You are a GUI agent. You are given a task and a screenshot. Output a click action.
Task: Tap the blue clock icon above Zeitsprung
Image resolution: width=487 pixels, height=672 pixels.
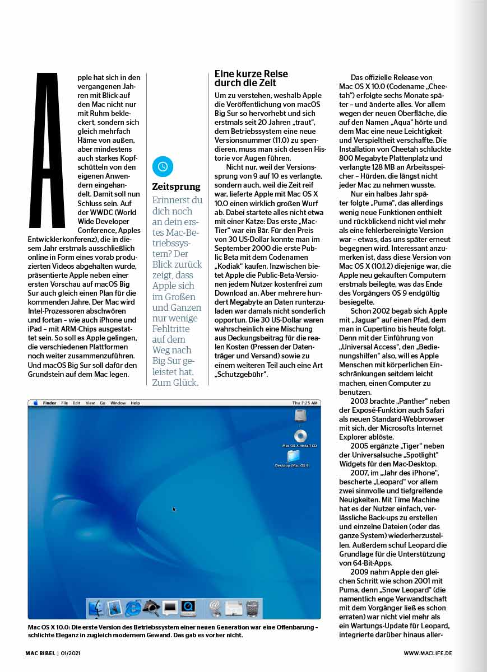pos(163,166)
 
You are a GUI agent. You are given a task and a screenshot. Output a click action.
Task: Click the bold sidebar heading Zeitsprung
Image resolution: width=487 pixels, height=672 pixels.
pos(176,186)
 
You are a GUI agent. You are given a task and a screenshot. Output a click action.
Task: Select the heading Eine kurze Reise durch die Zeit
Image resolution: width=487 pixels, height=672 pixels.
pos(251,78)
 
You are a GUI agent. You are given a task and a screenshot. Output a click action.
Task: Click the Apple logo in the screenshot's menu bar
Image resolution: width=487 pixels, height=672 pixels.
pos(35,403)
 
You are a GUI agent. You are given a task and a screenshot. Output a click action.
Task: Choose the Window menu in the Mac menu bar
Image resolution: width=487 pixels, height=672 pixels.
pos(118,403)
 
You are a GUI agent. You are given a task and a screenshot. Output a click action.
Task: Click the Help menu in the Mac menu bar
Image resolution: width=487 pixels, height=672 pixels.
pos(135,403)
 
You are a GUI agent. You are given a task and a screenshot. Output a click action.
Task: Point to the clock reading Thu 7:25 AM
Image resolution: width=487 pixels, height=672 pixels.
pos(305,403)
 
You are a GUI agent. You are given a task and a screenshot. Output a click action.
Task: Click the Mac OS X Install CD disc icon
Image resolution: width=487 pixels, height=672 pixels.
pos(300,436)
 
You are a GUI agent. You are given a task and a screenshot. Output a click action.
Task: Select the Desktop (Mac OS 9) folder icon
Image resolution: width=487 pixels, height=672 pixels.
pos(293,456)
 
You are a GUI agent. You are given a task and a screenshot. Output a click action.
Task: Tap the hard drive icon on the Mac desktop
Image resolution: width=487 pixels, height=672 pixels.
pos(300,416)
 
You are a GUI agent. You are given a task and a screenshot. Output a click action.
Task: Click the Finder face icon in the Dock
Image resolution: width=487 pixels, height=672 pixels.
pos(97,607)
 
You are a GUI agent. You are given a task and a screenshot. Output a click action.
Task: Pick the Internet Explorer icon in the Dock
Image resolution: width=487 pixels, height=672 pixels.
pos(133,607)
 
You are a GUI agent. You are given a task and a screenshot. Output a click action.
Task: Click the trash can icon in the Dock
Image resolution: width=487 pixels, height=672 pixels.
pos(252,608)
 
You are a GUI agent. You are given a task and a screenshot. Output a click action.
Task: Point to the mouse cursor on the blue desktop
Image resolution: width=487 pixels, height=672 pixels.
pos(174,508)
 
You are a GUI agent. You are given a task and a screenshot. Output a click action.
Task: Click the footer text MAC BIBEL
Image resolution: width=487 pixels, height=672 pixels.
pos(40,653)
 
